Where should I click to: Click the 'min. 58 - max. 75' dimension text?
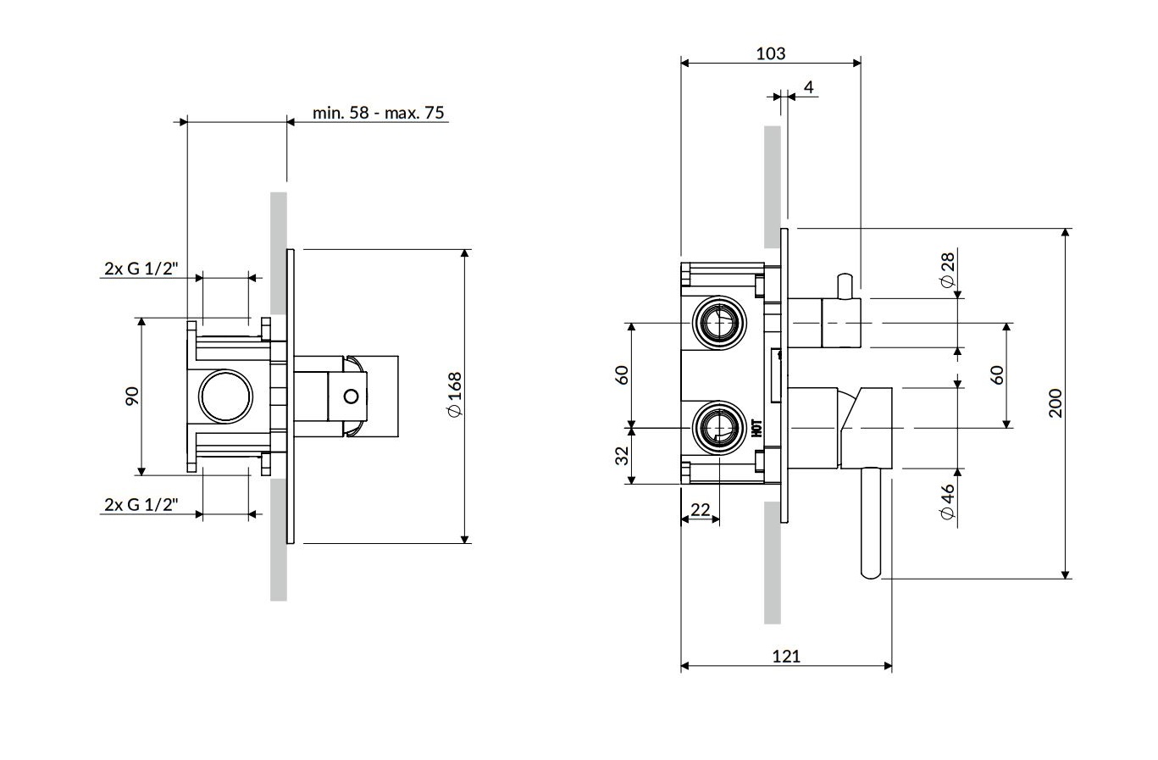coord(378,113)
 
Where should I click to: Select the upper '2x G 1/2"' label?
coord(141,269)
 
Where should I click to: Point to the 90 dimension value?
coord(131,396)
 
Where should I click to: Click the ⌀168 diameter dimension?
coord(455,394)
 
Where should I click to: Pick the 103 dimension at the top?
coord(770,53)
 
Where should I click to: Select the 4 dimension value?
coord(808,87)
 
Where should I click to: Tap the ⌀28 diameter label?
coord(948,269)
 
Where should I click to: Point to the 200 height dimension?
coord(1055,404)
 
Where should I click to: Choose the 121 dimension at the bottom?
coord(785,655)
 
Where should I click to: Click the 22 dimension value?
coord(701,509)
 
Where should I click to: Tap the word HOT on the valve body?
coord(756,427)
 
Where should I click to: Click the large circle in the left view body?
coord(224,396)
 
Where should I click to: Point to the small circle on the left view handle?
coord(351,396)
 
